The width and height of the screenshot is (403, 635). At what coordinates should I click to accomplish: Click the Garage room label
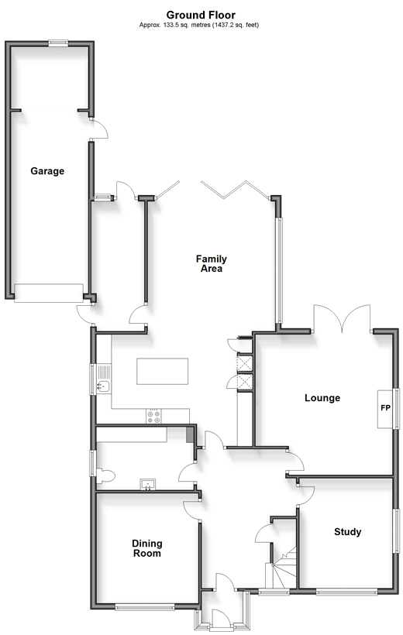47,171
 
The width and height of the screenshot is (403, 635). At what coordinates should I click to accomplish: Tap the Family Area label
212,263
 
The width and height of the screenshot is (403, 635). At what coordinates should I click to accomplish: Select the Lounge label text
322,398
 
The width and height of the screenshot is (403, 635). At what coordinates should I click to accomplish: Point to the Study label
347,532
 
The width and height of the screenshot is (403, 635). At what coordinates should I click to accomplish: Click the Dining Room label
147,548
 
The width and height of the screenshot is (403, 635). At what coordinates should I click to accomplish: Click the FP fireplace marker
385,408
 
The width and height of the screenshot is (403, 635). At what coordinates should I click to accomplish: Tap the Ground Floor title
201,15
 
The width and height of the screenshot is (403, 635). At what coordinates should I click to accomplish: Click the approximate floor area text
199,25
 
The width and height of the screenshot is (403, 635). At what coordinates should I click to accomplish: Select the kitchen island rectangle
162,372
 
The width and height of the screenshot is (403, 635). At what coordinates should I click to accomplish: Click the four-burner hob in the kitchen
153,417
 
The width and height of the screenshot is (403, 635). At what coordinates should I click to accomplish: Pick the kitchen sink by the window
103,386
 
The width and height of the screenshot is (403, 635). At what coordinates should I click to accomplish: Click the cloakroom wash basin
148,484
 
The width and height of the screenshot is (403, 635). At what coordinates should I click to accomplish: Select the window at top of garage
58,43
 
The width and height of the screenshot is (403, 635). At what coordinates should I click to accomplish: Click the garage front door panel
49,293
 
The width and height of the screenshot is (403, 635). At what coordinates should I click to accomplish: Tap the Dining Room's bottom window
145,606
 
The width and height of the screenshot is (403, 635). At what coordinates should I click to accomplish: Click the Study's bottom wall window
346,592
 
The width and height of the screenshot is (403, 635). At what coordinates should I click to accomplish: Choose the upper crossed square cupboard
244,363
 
